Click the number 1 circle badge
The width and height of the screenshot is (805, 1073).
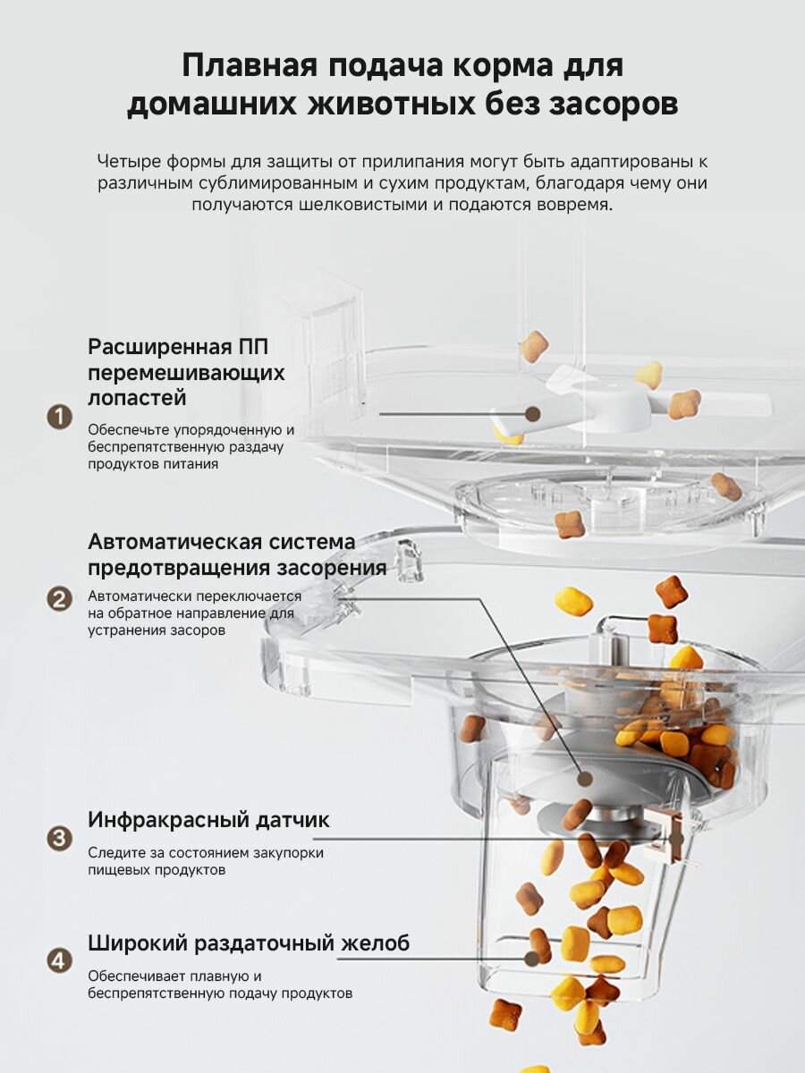(59, 417)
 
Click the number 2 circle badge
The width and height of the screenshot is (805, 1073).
(59, 598)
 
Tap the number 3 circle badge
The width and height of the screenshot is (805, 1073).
(59, 839)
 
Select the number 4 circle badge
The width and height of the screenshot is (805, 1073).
(59, 961)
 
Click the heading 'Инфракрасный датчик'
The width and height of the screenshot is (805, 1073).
(208, 819)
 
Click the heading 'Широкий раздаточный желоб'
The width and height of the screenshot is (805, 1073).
(249, 943)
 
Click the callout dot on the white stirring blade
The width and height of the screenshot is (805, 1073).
(532, 414)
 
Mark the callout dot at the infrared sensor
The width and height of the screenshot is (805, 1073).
(676, 839)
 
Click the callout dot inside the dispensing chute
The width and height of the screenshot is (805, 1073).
(534, 958)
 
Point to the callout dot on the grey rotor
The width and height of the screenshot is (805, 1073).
(585, 779)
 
